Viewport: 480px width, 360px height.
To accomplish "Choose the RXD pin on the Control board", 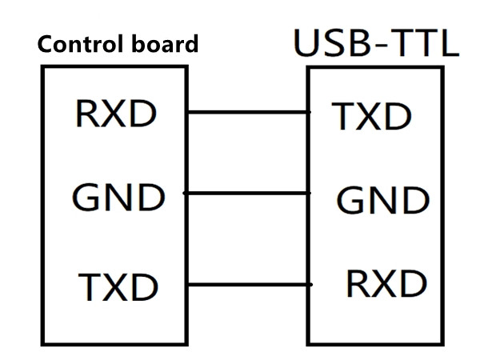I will tap(115, 115).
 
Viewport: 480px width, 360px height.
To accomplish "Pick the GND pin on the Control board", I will tap(118, 195).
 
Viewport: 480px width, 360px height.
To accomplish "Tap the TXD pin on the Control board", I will tap(118, 286).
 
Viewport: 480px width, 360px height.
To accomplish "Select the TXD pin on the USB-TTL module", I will tap(372, 118).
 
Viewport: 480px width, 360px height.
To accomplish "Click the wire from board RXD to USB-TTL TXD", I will tap(248, 112).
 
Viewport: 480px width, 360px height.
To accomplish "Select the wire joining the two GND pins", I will tap(248, 193).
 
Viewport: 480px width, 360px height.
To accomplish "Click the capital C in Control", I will tap(46, 44).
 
